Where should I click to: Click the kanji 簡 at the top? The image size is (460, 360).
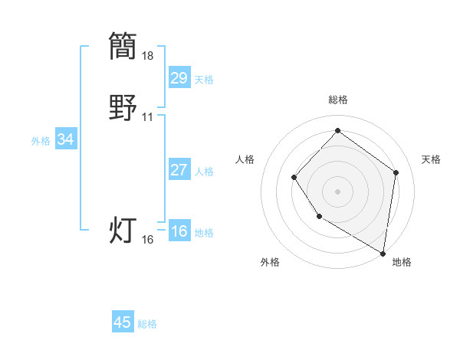[123, 45]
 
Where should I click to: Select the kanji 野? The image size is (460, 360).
[123, 107]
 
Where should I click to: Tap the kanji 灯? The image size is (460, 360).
[123, 230]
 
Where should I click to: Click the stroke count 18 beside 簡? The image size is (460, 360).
[148, 56]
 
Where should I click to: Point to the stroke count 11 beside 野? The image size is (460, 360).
[148, 117]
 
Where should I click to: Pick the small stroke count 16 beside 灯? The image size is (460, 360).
[148, 240]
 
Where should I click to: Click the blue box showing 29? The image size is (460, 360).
[179, 78]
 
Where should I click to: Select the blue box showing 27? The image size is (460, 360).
[179, 170]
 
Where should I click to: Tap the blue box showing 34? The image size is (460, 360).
[66, 139]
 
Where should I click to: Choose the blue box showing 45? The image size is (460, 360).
[123, 322]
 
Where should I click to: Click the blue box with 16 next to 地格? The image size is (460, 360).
[179, 231]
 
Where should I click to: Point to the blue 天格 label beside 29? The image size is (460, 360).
[204, 80]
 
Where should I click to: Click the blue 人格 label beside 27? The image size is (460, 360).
[204, 172]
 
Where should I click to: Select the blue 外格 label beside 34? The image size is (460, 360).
[41, 141]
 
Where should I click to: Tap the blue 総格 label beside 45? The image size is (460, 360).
[147, 324]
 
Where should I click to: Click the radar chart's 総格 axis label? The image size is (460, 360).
[338, 100]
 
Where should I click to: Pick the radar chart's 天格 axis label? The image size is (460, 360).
[431, 159]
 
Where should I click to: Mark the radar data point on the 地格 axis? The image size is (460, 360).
[383, 253]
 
